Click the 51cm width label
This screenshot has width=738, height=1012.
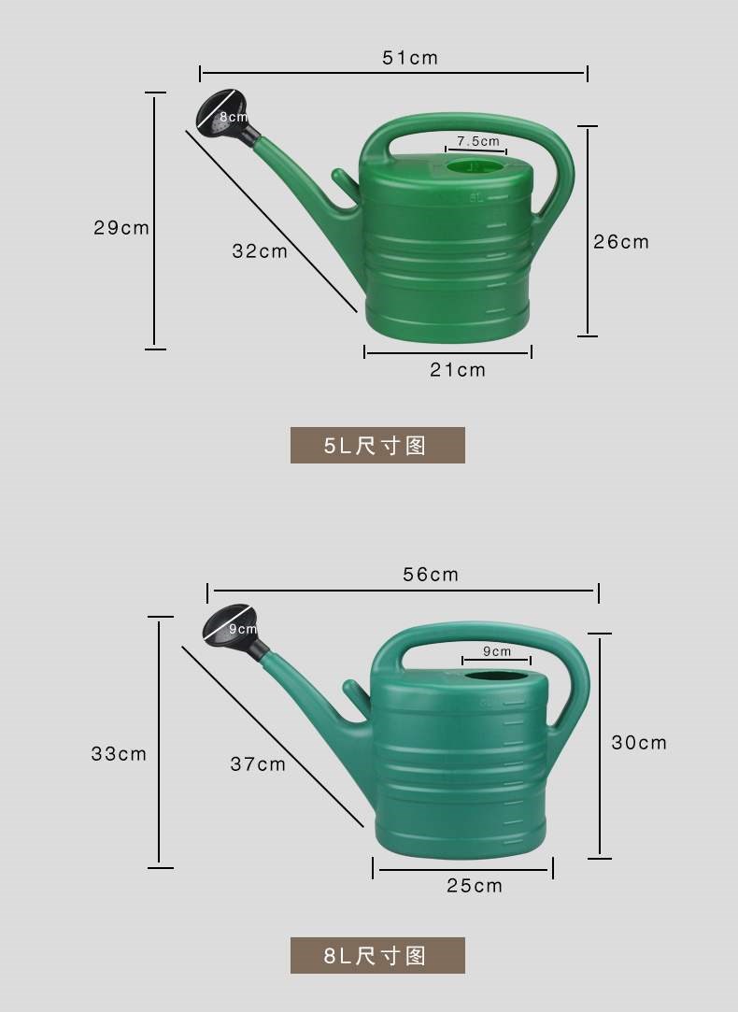(x=410, y=58)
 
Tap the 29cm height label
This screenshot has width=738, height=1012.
(x=121, y=228)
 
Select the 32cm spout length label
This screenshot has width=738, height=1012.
(x=260, y=251)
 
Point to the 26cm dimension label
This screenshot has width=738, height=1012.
(x=621, y=242)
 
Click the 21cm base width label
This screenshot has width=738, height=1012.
(x=458, y=370)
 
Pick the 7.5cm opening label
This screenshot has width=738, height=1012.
(x=478, y=141)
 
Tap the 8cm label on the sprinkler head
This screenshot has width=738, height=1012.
(x=233, y=117)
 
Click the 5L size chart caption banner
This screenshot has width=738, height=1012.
(x=377, y=445)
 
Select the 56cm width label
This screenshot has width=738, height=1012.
(x=431, y=575)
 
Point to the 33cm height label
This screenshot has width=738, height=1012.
(x=119, y=754)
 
